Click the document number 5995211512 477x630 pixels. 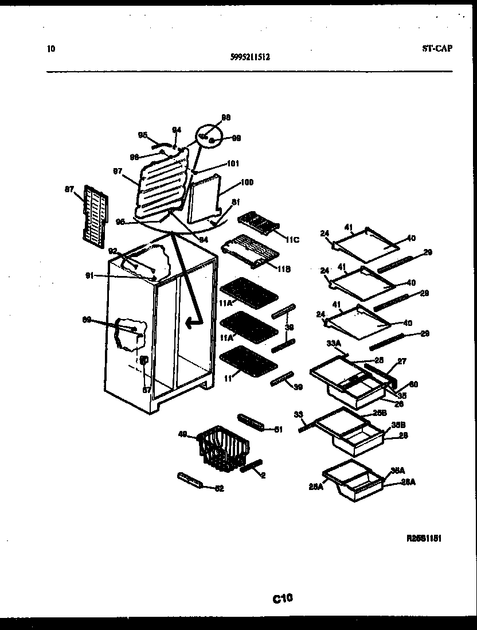[x=250, y=57]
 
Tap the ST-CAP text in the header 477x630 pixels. [x=433, y=48]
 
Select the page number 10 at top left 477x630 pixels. [x=51, y=49]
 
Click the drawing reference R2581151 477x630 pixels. [x=424, y=538]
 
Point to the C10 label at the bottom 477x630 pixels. [x=283, y=599]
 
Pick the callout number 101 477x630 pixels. [x=232, y=163]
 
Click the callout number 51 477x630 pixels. [x=279, y=429]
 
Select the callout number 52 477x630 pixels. [x=218, y=488]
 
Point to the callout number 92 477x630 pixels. [x=112, y=250]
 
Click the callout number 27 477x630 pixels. [x=402, y=361]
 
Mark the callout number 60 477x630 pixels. [x=413, y=384]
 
